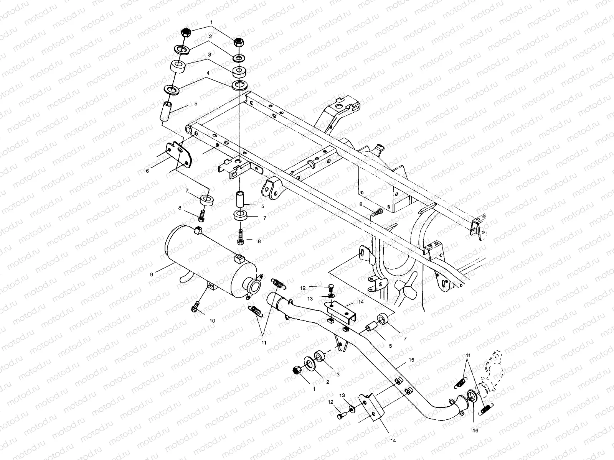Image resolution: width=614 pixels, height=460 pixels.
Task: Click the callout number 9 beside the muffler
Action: (151, 274)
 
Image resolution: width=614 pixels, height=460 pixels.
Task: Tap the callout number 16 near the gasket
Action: (475, 431)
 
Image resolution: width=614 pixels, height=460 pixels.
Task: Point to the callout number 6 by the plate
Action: (147, 171)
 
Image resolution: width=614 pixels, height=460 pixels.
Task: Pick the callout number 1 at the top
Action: (210, 23)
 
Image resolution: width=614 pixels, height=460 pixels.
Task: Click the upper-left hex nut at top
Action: (185, 33)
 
